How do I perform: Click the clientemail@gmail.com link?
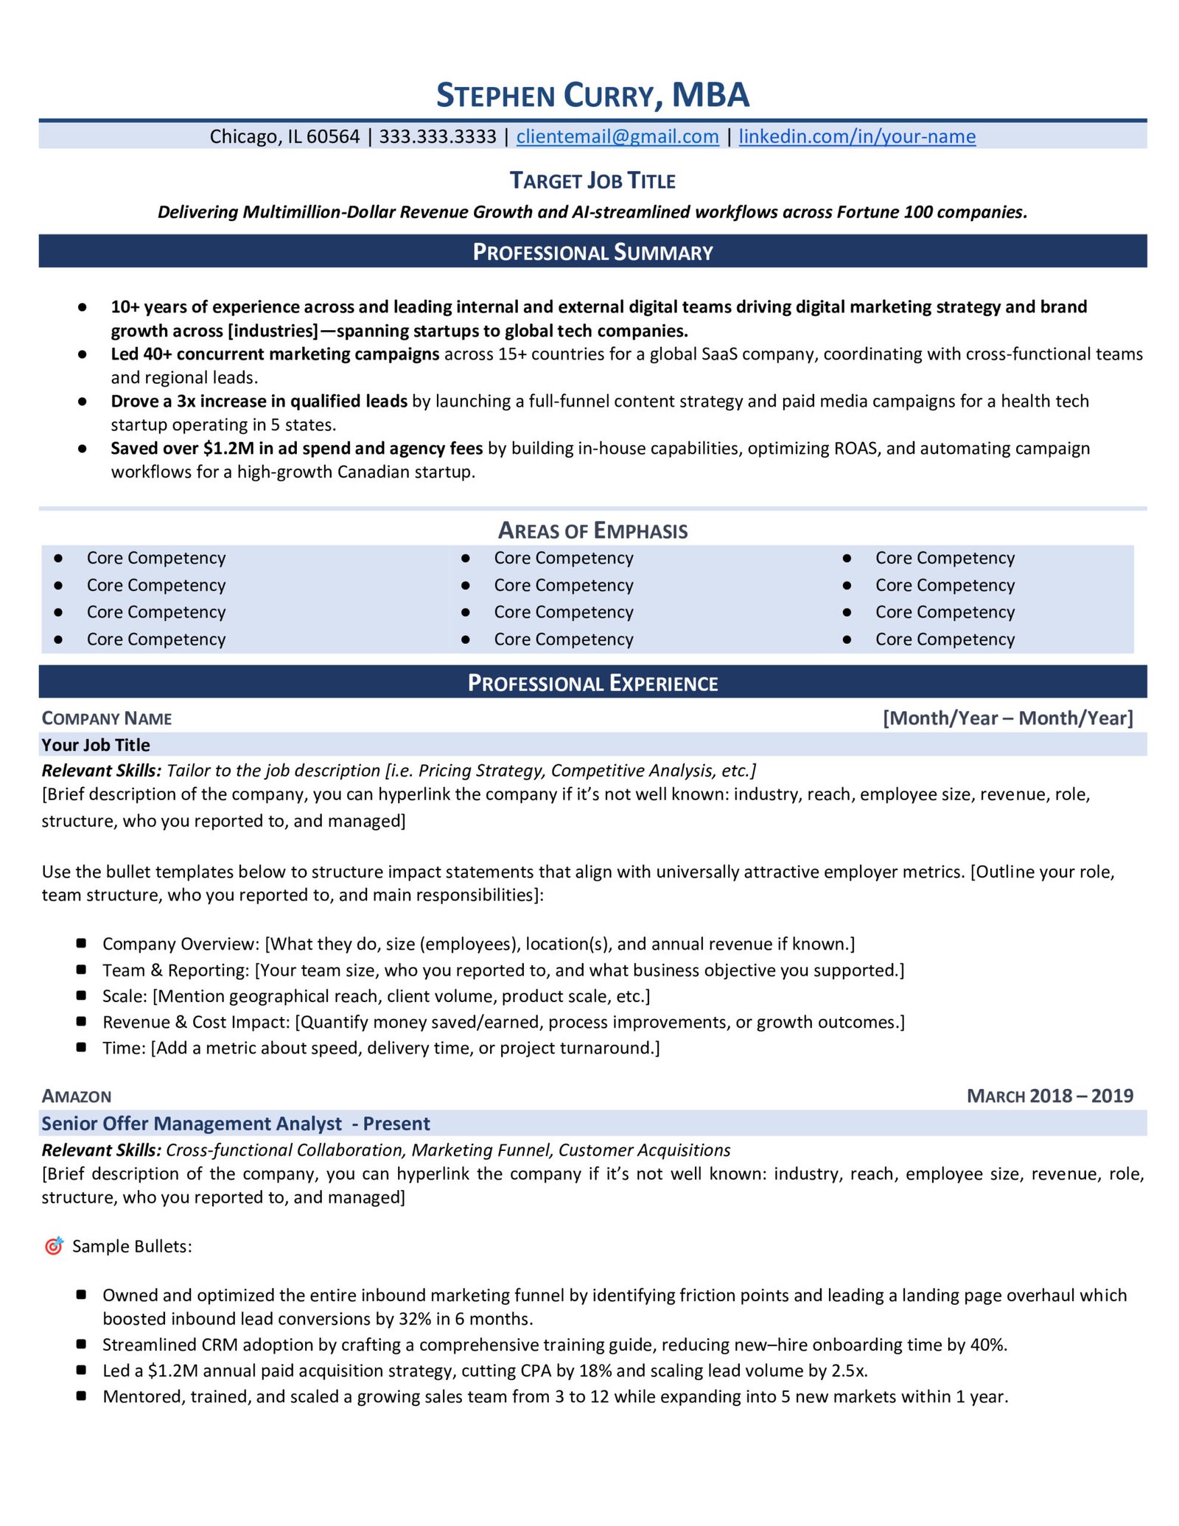click(x=617, y=136)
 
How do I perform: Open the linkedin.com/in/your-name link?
click(x=856, y=136)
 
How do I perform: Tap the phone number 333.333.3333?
click(x=437, y=136)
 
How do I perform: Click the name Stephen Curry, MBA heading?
click(x=592, y=96)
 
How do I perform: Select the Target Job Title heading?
click(x=592, y=181)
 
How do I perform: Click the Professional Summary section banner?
click(x=592, y=252)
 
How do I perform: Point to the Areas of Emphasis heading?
click(x=592, y=531)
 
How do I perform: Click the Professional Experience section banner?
click(x=592, y=683)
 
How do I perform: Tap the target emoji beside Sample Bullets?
click(x=54, y=1245)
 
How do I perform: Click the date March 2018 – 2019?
click(x=1049, y=1096)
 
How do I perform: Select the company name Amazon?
click(x=77, y=1096)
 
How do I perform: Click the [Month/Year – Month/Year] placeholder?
click(x=1007, y=718)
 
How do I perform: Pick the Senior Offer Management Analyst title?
click(x=192, y=1124)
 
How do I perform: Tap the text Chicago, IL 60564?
click(x=284, y=136)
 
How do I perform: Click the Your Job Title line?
click(x=96, y=745)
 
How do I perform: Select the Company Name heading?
click(x=107, y=718)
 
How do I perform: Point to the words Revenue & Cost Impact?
click(x=195, y=1022)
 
